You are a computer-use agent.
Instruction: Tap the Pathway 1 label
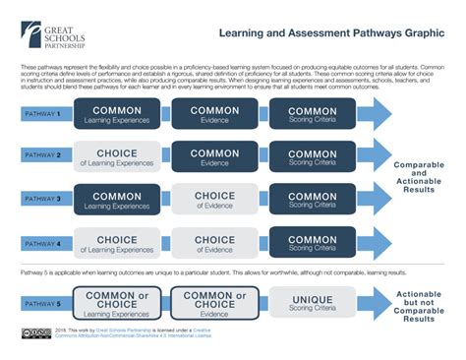pos(41,114)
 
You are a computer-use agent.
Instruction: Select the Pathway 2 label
pos(41,155)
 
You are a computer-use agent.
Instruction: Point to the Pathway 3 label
pos(41,198)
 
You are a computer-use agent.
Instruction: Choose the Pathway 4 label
pos(41,240)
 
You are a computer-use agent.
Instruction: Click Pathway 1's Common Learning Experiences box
pos(117,114)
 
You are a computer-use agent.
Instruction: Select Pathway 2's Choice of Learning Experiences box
pos(117,155)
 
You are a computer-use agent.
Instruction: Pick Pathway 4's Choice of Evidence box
pos(214,240)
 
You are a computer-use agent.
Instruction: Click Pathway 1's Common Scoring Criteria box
pos(313,114)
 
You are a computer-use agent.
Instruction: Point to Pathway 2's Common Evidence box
pos(214,155)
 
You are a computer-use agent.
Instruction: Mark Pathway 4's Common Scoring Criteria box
pos(313,240)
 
